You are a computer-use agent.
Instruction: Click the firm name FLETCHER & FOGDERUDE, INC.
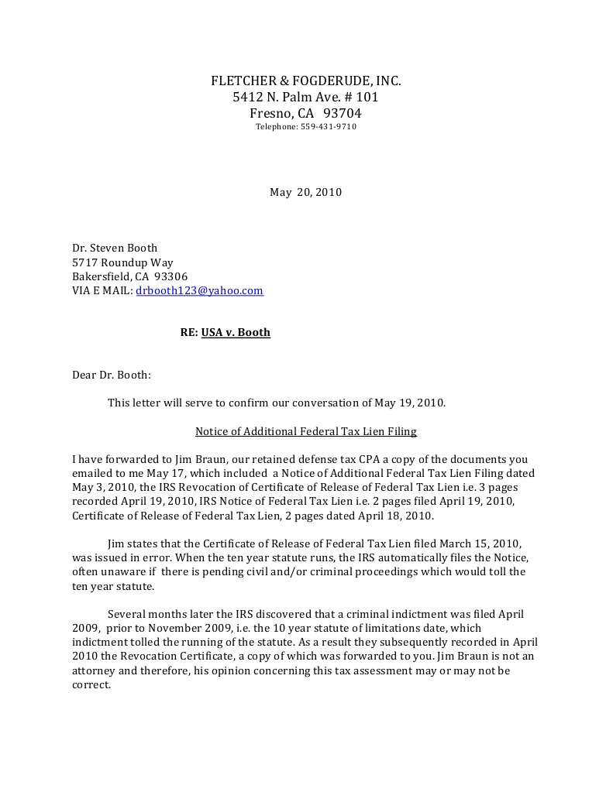tap(306, 81)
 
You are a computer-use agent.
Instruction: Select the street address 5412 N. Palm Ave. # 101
tap(306, 98)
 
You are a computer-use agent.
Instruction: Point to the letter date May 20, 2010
tap(305, 192)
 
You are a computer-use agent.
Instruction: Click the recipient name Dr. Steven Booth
tap(115, 248)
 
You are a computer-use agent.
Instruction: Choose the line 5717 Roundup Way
tap(122, 262)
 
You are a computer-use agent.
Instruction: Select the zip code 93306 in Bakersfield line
tap(171, 276)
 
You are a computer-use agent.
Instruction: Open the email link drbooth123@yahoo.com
tap(199, 291)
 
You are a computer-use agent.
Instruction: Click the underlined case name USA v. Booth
tap(236, 332)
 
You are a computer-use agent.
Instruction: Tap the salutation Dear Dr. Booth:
tap(112, 375)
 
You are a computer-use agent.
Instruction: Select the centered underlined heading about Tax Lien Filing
tap(305, 430)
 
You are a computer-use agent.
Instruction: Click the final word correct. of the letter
tap(91, 685)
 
